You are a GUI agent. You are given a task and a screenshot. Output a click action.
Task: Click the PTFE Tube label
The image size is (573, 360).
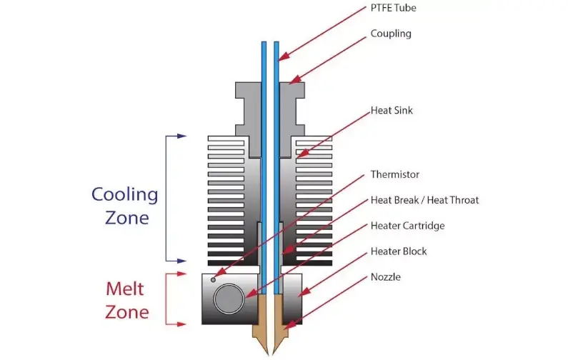coord(393,8)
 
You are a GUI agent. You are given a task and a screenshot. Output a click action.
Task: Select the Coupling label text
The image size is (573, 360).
coord(391,34)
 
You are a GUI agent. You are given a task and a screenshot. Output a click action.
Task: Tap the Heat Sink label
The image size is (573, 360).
coord(392,111)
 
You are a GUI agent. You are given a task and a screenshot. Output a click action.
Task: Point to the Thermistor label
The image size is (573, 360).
coord(394,174)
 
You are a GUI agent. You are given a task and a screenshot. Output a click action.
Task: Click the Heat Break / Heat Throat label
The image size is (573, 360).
coord(424,200)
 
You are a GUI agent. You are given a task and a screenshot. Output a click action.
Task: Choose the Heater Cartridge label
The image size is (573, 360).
coord(407,226)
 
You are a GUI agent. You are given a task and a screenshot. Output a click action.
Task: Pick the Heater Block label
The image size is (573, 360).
coord(399,251)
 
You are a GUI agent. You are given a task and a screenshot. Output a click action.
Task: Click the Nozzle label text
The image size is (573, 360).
coord(386,277)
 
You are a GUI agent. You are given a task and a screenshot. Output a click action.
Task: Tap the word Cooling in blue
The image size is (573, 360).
coord(124,195)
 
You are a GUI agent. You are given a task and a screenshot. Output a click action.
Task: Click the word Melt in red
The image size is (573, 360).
coord(124,289)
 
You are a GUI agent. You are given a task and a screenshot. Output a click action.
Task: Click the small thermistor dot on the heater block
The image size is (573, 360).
coord(213,280)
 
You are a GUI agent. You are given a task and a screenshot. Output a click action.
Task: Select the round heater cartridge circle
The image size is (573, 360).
coord(229,299)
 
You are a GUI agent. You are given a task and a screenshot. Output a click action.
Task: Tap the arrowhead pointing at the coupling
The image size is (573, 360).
coord(294,80)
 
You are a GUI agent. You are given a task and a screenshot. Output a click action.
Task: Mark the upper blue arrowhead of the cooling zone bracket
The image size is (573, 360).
coord(181,136)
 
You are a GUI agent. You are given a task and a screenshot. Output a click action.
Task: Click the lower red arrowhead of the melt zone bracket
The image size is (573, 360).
coord(181,324)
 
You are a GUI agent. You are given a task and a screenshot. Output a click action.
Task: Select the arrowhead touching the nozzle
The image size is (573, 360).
coord(289,325)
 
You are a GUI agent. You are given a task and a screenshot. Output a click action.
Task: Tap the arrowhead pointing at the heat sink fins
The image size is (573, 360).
coord(302,154)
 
